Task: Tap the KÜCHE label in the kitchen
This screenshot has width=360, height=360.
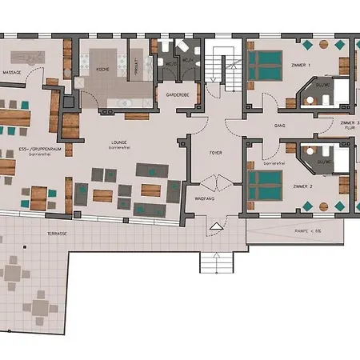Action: tap(102, 70)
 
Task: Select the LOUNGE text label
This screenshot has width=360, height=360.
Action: tap(119, 142)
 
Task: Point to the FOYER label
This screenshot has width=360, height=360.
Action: tap(215, 151)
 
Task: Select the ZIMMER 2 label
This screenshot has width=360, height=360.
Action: tap(302, 185)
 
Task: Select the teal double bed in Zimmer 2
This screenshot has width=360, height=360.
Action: tap(262, 184)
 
